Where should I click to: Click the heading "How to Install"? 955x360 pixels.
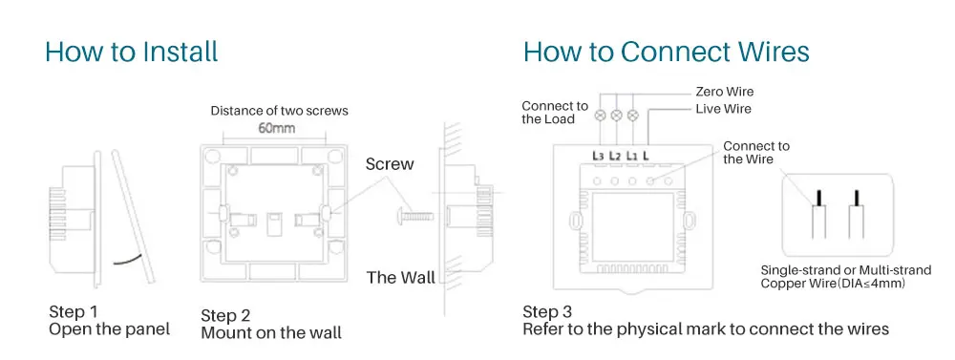pos(131,52)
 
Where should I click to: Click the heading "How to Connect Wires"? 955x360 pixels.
pos(667,52)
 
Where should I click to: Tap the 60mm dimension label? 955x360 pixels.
pos(277,128)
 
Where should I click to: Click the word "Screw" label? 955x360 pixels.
pos(390,164)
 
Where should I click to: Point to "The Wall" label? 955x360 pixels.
pos(401,278)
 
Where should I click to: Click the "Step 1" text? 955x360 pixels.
pos(74,312)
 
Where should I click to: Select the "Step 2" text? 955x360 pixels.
pos(225,316)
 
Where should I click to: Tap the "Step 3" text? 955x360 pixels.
pos(547,312)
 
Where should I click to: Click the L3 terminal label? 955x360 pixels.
pos(598,156)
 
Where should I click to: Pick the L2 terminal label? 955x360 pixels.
pos(615,156)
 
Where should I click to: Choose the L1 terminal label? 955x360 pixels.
pos(631,156)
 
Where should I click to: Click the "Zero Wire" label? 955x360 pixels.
pos(724,92)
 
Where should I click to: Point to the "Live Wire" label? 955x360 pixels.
pos(723,109)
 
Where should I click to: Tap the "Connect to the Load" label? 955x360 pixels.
pos(555,113)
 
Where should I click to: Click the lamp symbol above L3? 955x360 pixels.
pos(600,115)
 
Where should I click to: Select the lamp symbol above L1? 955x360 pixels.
pos(633,115)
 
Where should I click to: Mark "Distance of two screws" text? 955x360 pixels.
pos(280,111)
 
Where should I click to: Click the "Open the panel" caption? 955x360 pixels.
pos(110,329)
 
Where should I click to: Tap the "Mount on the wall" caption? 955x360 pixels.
pos(271,332)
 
